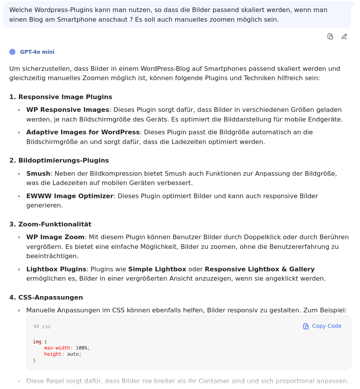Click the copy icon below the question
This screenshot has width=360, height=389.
330,36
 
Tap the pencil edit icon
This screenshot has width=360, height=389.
344,36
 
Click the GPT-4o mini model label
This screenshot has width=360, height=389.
37,52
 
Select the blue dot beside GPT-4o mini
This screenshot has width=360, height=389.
12,52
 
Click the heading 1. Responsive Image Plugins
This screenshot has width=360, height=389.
61,97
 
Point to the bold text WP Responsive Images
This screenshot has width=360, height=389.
68,110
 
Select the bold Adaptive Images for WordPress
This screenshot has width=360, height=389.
83,132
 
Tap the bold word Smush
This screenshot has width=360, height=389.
38,173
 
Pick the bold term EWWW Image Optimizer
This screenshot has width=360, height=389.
70,196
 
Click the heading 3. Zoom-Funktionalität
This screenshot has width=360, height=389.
50,224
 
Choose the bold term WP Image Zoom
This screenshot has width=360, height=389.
55,237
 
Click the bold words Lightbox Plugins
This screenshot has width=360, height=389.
56,269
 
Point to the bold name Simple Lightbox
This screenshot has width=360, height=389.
157,269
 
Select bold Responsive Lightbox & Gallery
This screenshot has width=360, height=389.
259,269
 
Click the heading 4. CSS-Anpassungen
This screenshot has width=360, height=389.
46,297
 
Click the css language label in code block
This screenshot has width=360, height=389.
46,326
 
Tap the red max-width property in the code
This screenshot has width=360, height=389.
57,348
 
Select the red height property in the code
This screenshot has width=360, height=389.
53,354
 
